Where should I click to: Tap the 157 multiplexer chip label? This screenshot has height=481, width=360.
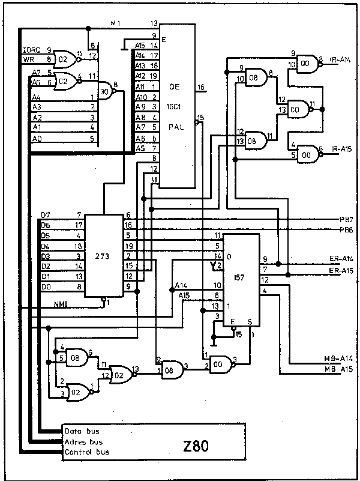(241, 277)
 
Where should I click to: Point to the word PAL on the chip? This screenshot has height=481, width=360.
(175, 127)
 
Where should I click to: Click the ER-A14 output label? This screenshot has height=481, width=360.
(340, 259)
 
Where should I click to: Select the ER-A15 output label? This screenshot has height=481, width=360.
(340, 271)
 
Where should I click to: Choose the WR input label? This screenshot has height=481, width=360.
(29, 59)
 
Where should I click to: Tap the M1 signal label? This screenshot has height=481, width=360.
(116, 23)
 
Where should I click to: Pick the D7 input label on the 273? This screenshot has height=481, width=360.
(46, 214)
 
